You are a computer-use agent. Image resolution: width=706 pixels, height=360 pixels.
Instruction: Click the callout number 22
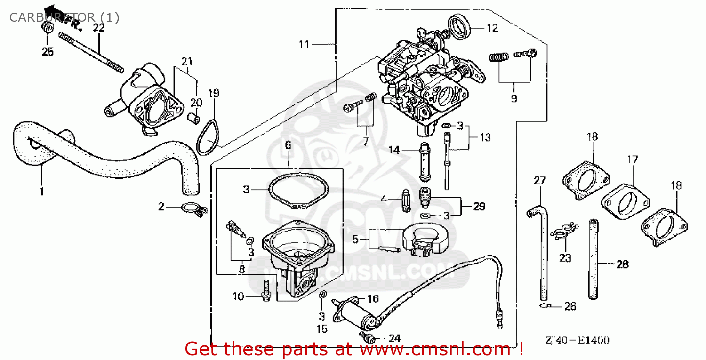click(98, 28)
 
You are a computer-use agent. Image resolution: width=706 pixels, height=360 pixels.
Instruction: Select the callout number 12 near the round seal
click(492, 28)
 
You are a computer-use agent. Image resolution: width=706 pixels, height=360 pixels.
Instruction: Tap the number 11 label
click(304, 45)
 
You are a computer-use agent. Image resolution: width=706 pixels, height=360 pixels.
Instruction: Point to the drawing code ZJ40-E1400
click(577, 340)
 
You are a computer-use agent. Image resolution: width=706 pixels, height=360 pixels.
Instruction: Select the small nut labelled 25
click(48, 28)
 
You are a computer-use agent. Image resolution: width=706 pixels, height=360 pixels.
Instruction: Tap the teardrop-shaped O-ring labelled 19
click(208, 137)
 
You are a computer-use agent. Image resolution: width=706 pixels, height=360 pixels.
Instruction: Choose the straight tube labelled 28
click(594, 259)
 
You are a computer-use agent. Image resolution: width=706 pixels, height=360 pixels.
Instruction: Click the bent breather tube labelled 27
click(542, 254)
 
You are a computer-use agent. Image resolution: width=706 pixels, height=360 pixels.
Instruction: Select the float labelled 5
click(426, 240)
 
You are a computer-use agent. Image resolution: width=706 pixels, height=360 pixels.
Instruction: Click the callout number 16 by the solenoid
click(373, 298)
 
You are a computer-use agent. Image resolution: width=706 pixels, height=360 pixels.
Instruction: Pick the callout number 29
click(479, 206)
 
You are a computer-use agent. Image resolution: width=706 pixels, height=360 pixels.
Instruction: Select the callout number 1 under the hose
click(41, 192)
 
